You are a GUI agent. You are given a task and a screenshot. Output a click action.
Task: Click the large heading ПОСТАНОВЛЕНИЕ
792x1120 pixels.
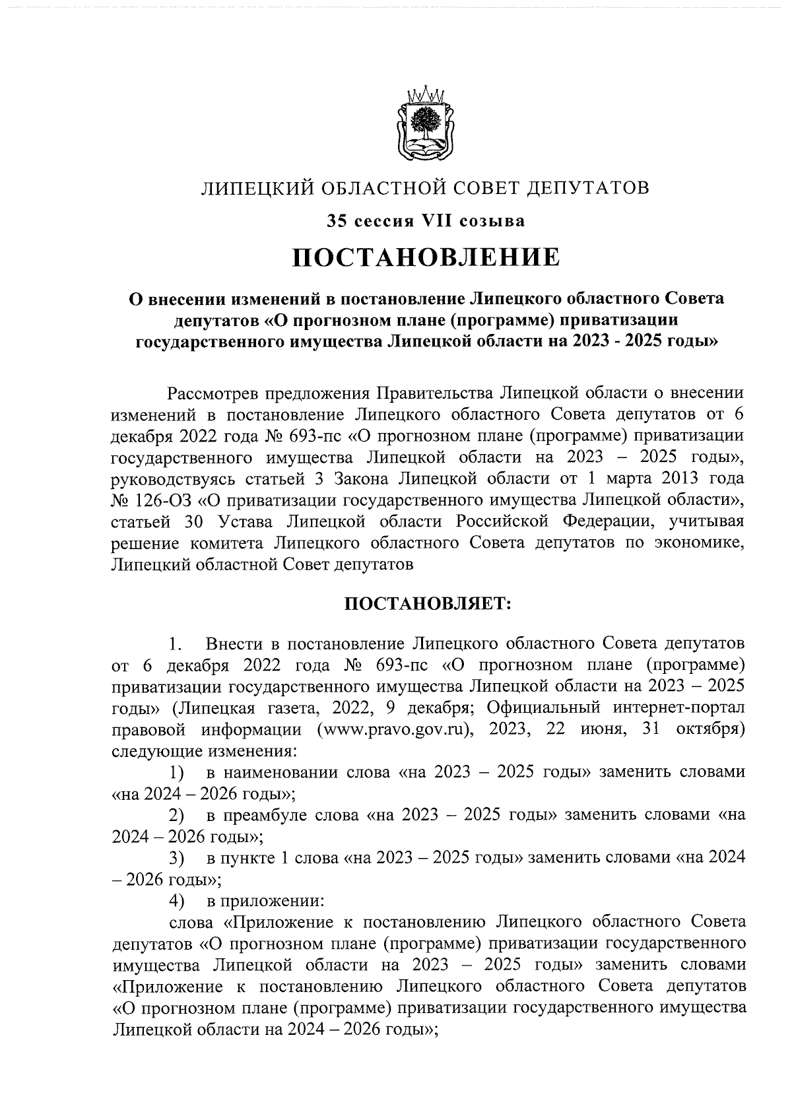coord(426,257)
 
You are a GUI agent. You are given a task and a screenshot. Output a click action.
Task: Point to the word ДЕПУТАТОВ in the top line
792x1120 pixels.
coord(587,189)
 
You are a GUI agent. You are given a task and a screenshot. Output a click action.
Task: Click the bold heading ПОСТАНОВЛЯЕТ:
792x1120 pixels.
coord(426,604)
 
